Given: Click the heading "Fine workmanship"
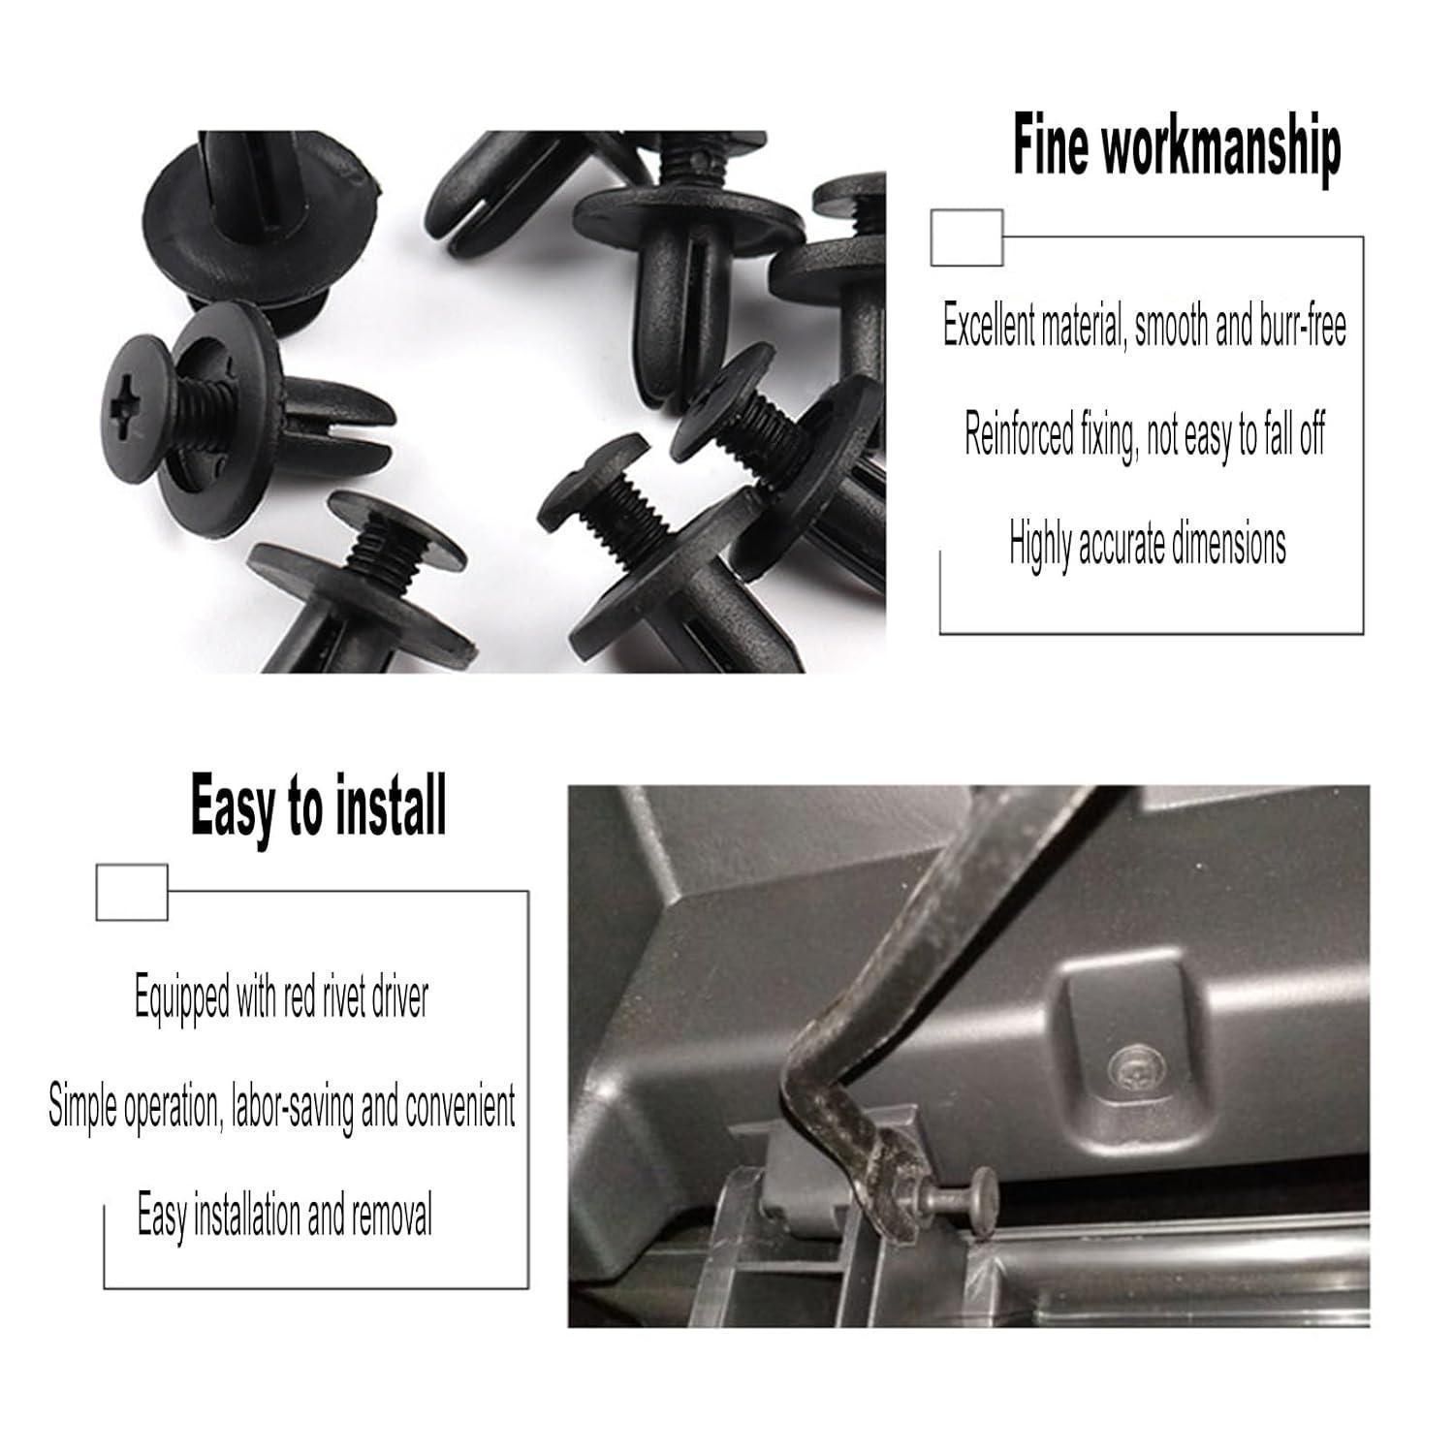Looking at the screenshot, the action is click(1176, 147).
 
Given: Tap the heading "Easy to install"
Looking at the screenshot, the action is click(318, 805).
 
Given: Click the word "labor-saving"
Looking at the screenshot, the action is click(292, 1107).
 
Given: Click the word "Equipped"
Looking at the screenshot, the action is click(182, 997).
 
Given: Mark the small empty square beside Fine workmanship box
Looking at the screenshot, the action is click(966, 237).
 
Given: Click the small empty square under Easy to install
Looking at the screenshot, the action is click(132, 892).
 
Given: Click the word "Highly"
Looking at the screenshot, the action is click(1038, 543).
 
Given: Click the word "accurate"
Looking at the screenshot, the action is click(1120, 544).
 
